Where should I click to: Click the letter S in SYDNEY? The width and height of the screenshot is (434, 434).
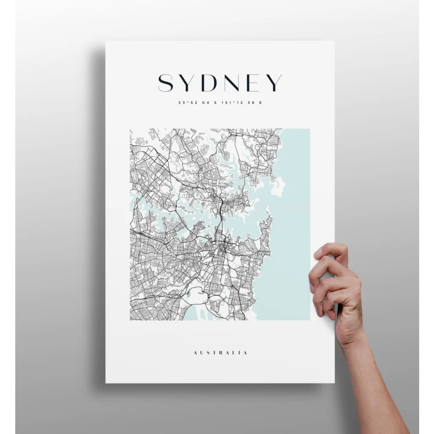tap(166, 83)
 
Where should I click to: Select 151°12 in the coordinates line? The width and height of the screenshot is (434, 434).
tap(229, 103)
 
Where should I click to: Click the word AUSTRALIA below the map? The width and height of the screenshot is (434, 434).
tap(220, 353)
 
